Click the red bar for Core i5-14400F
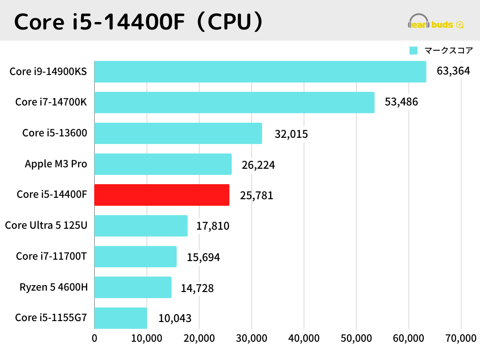click(162, 195)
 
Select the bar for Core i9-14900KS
click(260, 72)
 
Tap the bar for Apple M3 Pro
click(163, 164)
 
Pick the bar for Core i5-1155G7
click(120, 318)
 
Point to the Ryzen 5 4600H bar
click(133, 287)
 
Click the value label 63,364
click(453, 71)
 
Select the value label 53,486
click(401, 102)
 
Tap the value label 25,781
click(256, 195)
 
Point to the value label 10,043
click(175, 318)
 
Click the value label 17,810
click(213, 226)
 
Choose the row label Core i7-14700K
click(51, 102)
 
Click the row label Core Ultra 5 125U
click(46, 225)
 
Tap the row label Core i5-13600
click(54, 133)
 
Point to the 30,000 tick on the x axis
click(251, 338)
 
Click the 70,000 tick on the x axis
click(460, 338)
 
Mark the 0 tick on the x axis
click(95, 338)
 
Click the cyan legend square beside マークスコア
click(413, 51)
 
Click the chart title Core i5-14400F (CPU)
click(138, 21)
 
